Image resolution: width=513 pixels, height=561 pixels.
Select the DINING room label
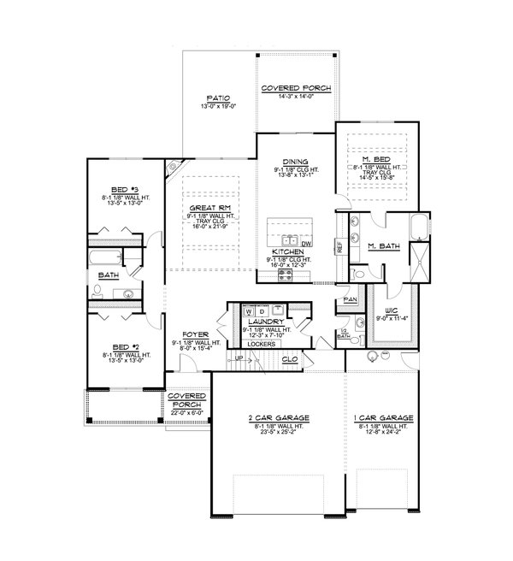(x=295, y=161)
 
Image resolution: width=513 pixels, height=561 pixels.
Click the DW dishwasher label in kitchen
(x=305, y=244)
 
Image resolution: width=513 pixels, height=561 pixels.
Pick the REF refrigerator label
(x=339, y=245)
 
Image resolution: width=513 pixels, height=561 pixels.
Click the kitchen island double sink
(x=289, y=240)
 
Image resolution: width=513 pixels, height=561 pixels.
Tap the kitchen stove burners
(x=297, y=275)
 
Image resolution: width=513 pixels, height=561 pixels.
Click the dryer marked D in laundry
(x=262, y=312)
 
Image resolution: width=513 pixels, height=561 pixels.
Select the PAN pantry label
(x=350, y=300)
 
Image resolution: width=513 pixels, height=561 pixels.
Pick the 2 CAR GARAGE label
(x=279, y=418)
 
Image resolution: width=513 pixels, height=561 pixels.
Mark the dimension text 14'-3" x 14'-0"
(x=296, y=97)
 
